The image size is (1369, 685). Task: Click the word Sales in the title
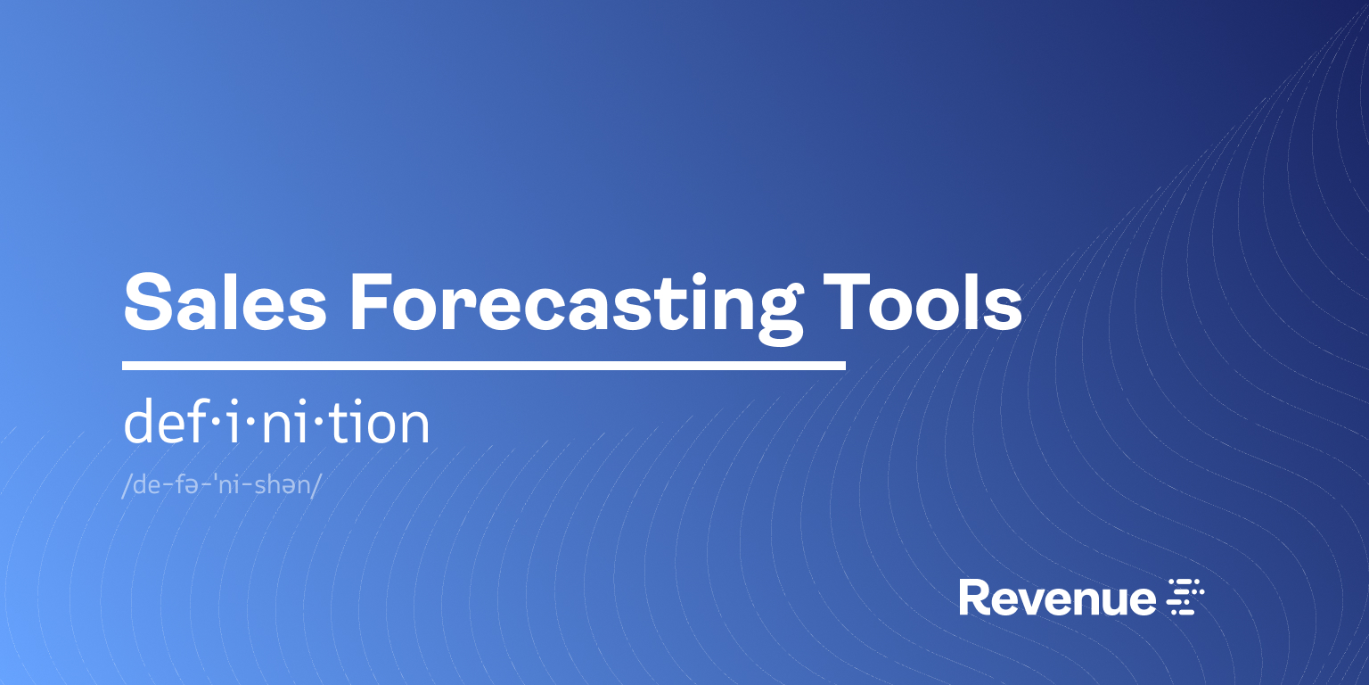225,301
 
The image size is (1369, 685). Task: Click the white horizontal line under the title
483,366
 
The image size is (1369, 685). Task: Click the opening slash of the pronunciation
126,488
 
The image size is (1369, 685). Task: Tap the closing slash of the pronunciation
316,488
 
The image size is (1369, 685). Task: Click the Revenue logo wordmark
1057,598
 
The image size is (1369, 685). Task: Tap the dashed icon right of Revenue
1185,597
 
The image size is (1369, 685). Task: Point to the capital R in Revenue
973,598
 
